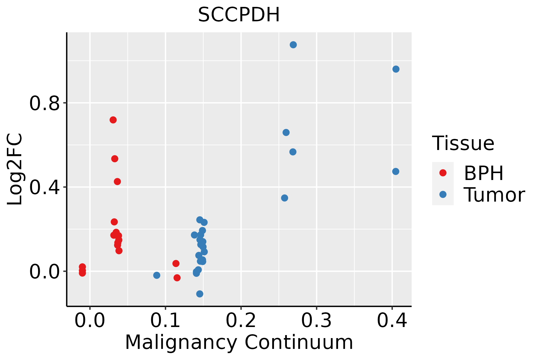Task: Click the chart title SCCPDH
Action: click(x=239, y=15)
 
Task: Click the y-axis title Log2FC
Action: click(x=15, y=169)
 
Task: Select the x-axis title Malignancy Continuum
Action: click(x=239, y=342)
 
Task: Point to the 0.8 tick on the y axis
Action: click(x=44, y=103)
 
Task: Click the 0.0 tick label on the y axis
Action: click(x=44, y=272)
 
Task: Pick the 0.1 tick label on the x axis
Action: click(x=165, y=321)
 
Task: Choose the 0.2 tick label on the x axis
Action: click(x=241, y=321)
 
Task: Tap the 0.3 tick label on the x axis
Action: click(x=316, y=321)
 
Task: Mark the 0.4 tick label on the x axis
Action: click(x=392, y=321)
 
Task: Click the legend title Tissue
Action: click(x=463, y=143)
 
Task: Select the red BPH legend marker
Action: click(x=443, y=172)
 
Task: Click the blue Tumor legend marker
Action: click(x=443, y=194)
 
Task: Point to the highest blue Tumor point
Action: click(x=293, y=45)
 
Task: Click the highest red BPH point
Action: click(x=113, y=120)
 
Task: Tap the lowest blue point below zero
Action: click(x=200, y=294)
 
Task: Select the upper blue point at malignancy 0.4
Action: click(x=396, y=69)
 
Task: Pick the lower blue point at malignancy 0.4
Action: click(x=396, y=172)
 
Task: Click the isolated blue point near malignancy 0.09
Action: click(x=157, y=275)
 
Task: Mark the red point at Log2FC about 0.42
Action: click(x=117, y=181)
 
